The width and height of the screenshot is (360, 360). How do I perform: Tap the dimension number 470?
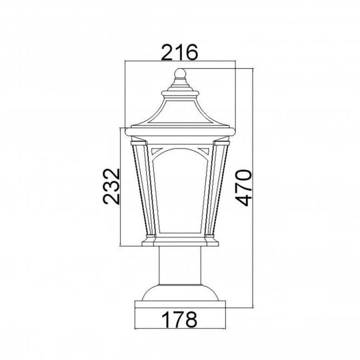tap(244, 187)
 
